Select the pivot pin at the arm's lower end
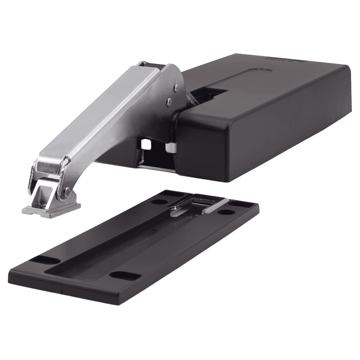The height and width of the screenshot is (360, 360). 67,192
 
